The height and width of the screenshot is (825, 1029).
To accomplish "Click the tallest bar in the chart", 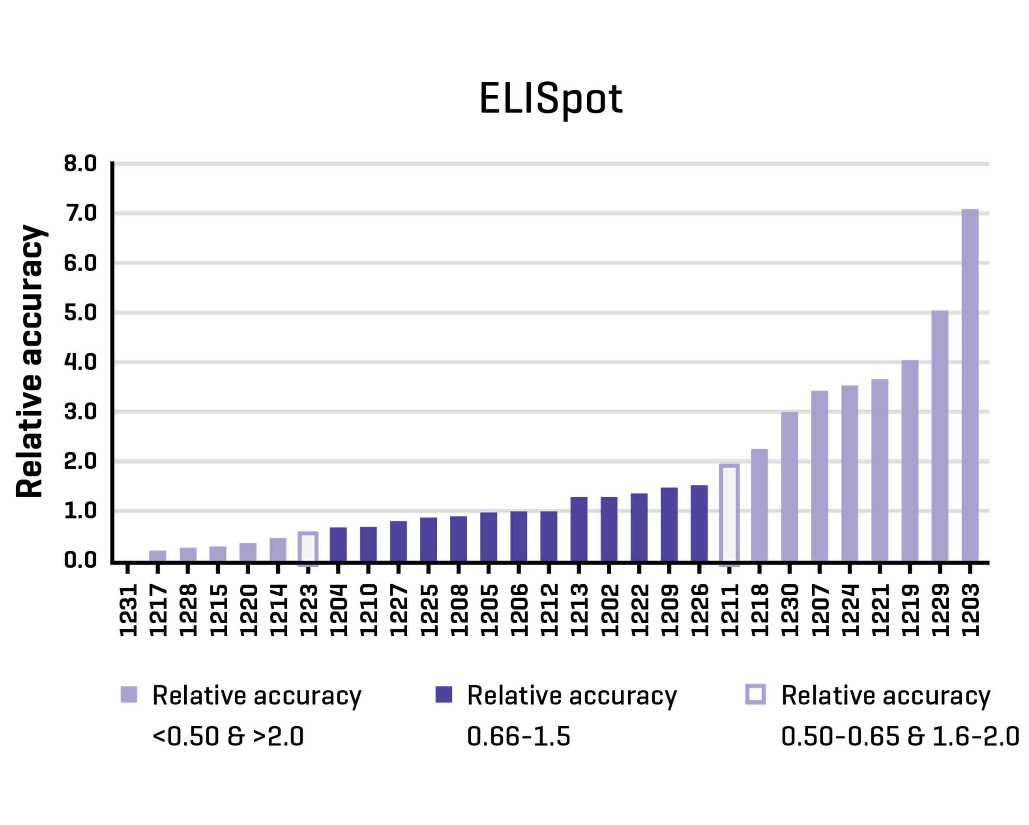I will (970, 384).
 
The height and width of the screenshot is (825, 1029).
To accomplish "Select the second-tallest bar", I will (940, 435).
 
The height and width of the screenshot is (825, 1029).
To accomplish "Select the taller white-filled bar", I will (729, 513).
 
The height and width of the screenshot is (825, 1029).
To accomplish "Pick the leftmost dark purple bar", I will (338, 543).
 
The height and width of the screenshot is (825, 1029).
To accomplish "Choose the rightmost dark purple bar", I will (699, 523).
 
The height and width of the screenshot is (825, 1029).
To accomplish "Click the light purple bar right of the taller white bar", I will (759, 504).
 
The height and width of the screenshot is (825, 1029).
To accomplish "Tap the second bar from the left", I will (188, 554).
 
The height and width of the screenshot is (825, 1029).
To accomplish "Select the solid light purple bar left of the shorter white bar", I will (278, 549).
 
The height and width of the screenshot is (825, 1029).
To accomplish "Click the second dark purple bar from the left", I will (368, 543).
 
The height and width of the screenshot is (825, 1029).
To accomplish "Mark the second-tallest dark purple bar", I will (669, 523).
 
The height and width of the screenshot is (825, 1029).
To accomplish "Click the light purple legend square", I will (128, 694).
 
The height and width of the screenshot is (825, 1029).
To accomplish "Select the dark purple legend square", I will (443, 694).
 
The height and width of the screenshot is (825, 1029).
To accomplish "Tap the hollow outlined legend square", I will (755, 694).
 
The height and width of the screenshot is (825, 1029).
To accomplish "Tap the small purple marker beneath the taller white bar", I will (729, 567).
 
